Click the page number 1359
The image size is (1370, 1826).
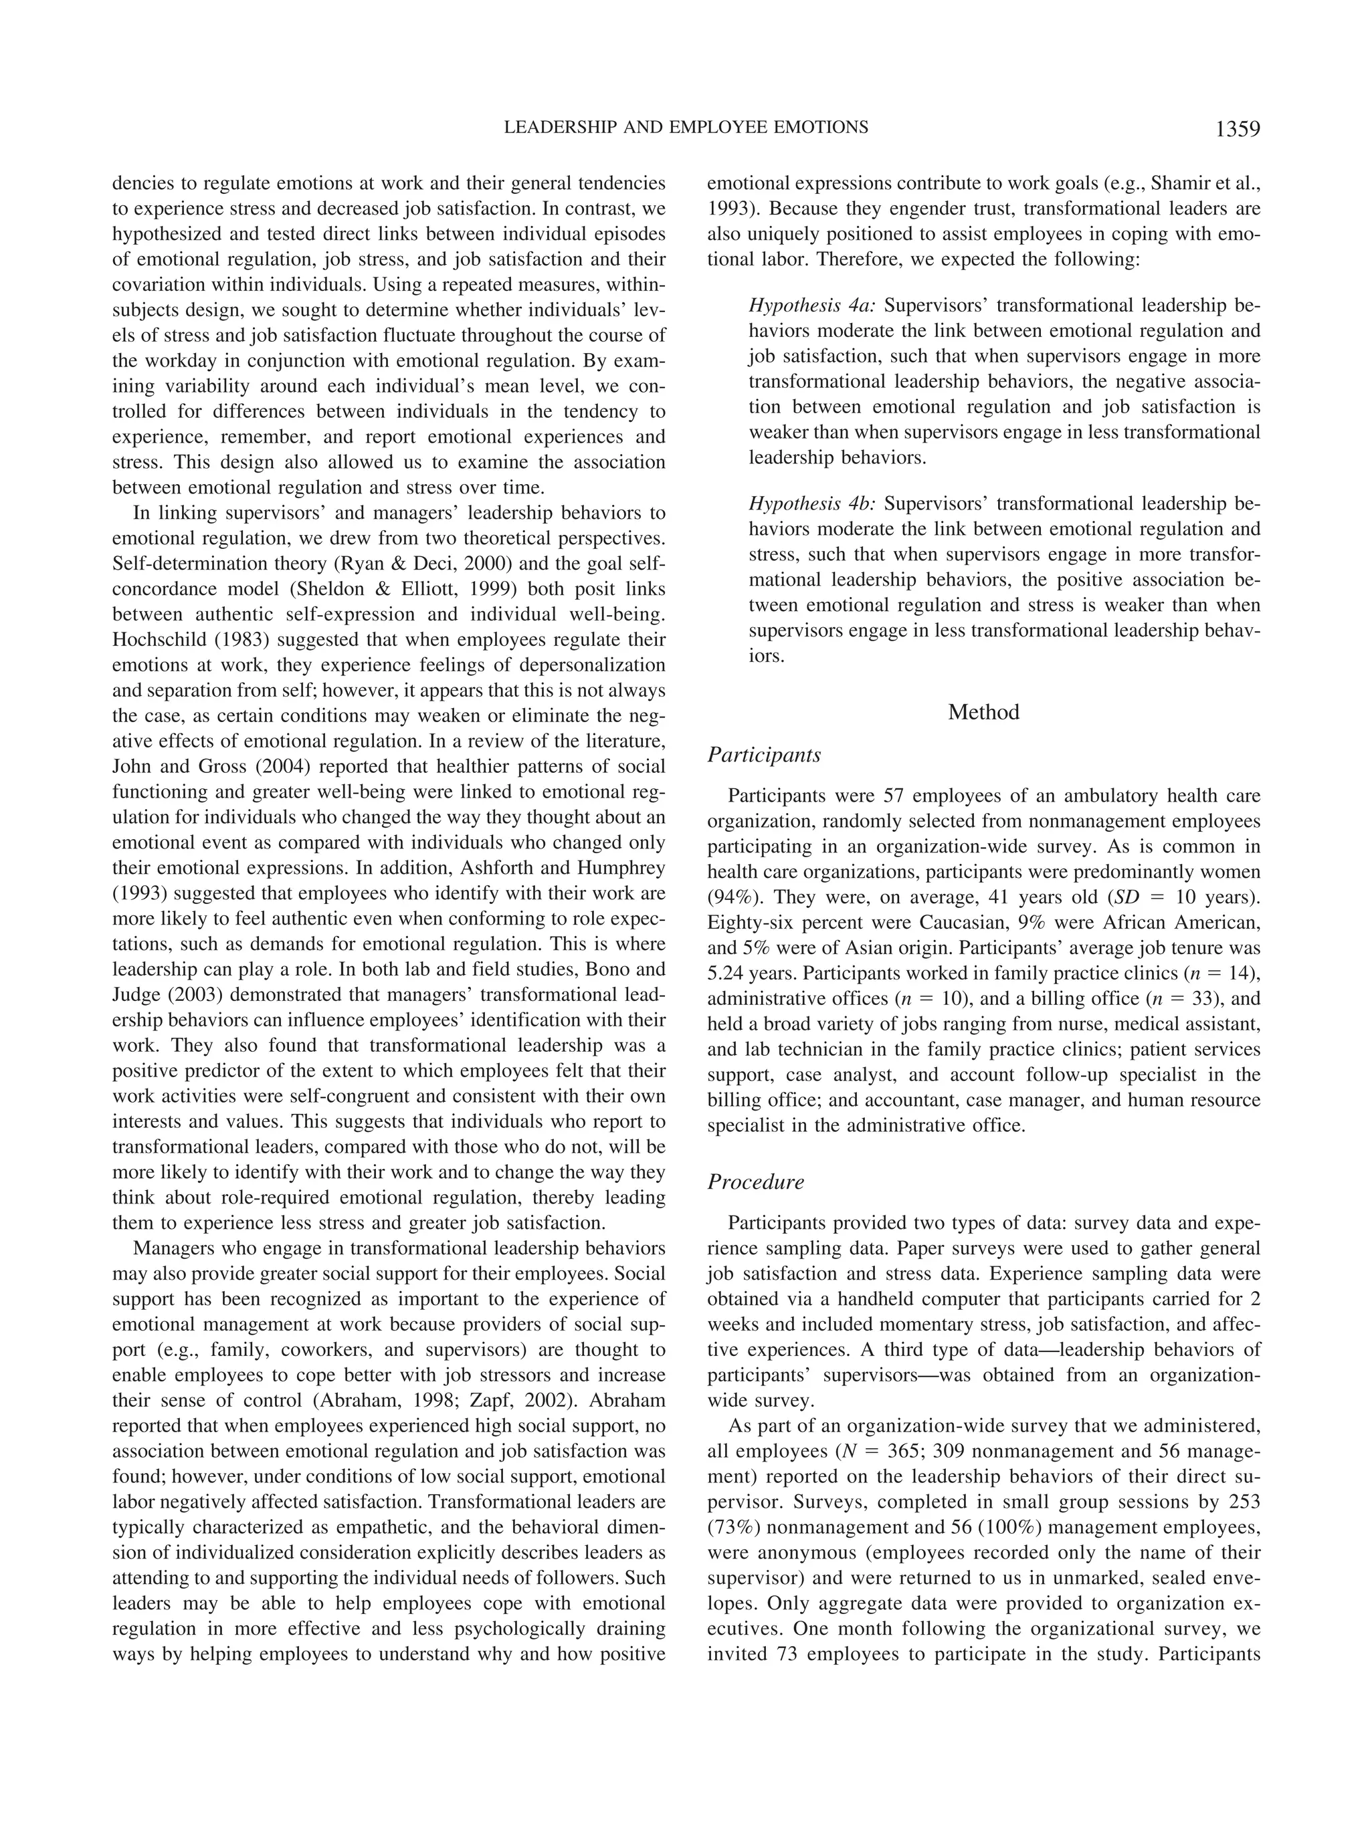click(x=1236, y=130)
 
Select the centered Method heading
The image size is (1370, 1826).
click(x=983, y=711)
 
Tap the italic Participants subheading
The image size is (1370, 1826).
click(x=764, y=754)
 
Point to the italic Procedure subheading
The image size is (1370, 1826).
click(x=756, y=1181)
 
